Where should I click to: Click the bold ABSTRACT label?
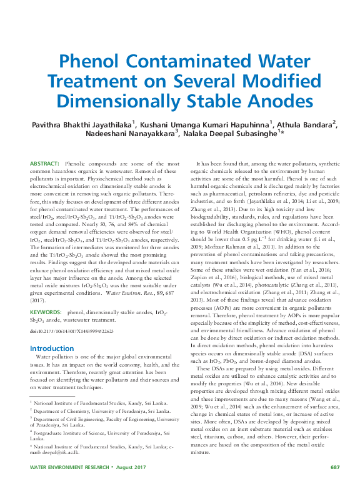pyautogui.click(x=44, y=162)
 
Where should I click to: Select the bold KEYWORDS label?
pyautogui.click(x=45, y=310)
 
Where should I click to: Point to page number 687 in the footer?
pyautogui.click(x=334, y=467)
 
